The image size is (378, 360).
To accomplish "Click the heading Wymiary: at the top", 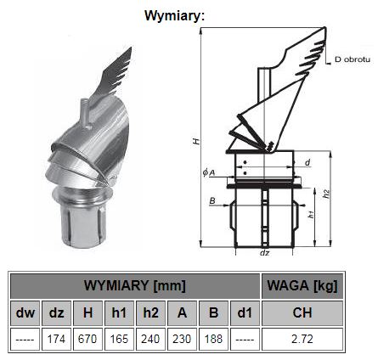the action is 174,16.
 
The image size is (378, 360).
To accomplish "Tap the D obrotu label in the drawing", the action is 353,59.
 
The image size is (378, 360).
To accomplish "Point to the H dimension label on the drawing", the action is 196,141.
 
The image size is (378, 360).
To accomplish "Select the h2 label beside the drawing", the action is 327,194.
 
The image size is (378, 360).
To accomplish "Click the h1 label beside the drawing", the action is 311,214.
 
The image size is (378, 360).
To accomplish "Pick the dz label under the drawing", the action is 264,253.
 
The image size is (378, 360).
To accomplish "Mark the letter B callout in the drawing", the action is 212,200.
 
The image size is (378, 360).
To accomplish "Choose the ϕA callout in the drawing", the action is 209,172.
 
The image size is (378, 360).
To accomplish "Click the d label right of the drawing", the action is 307,162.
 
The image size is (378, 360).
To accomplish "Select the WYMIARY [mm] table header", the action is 135,286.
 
